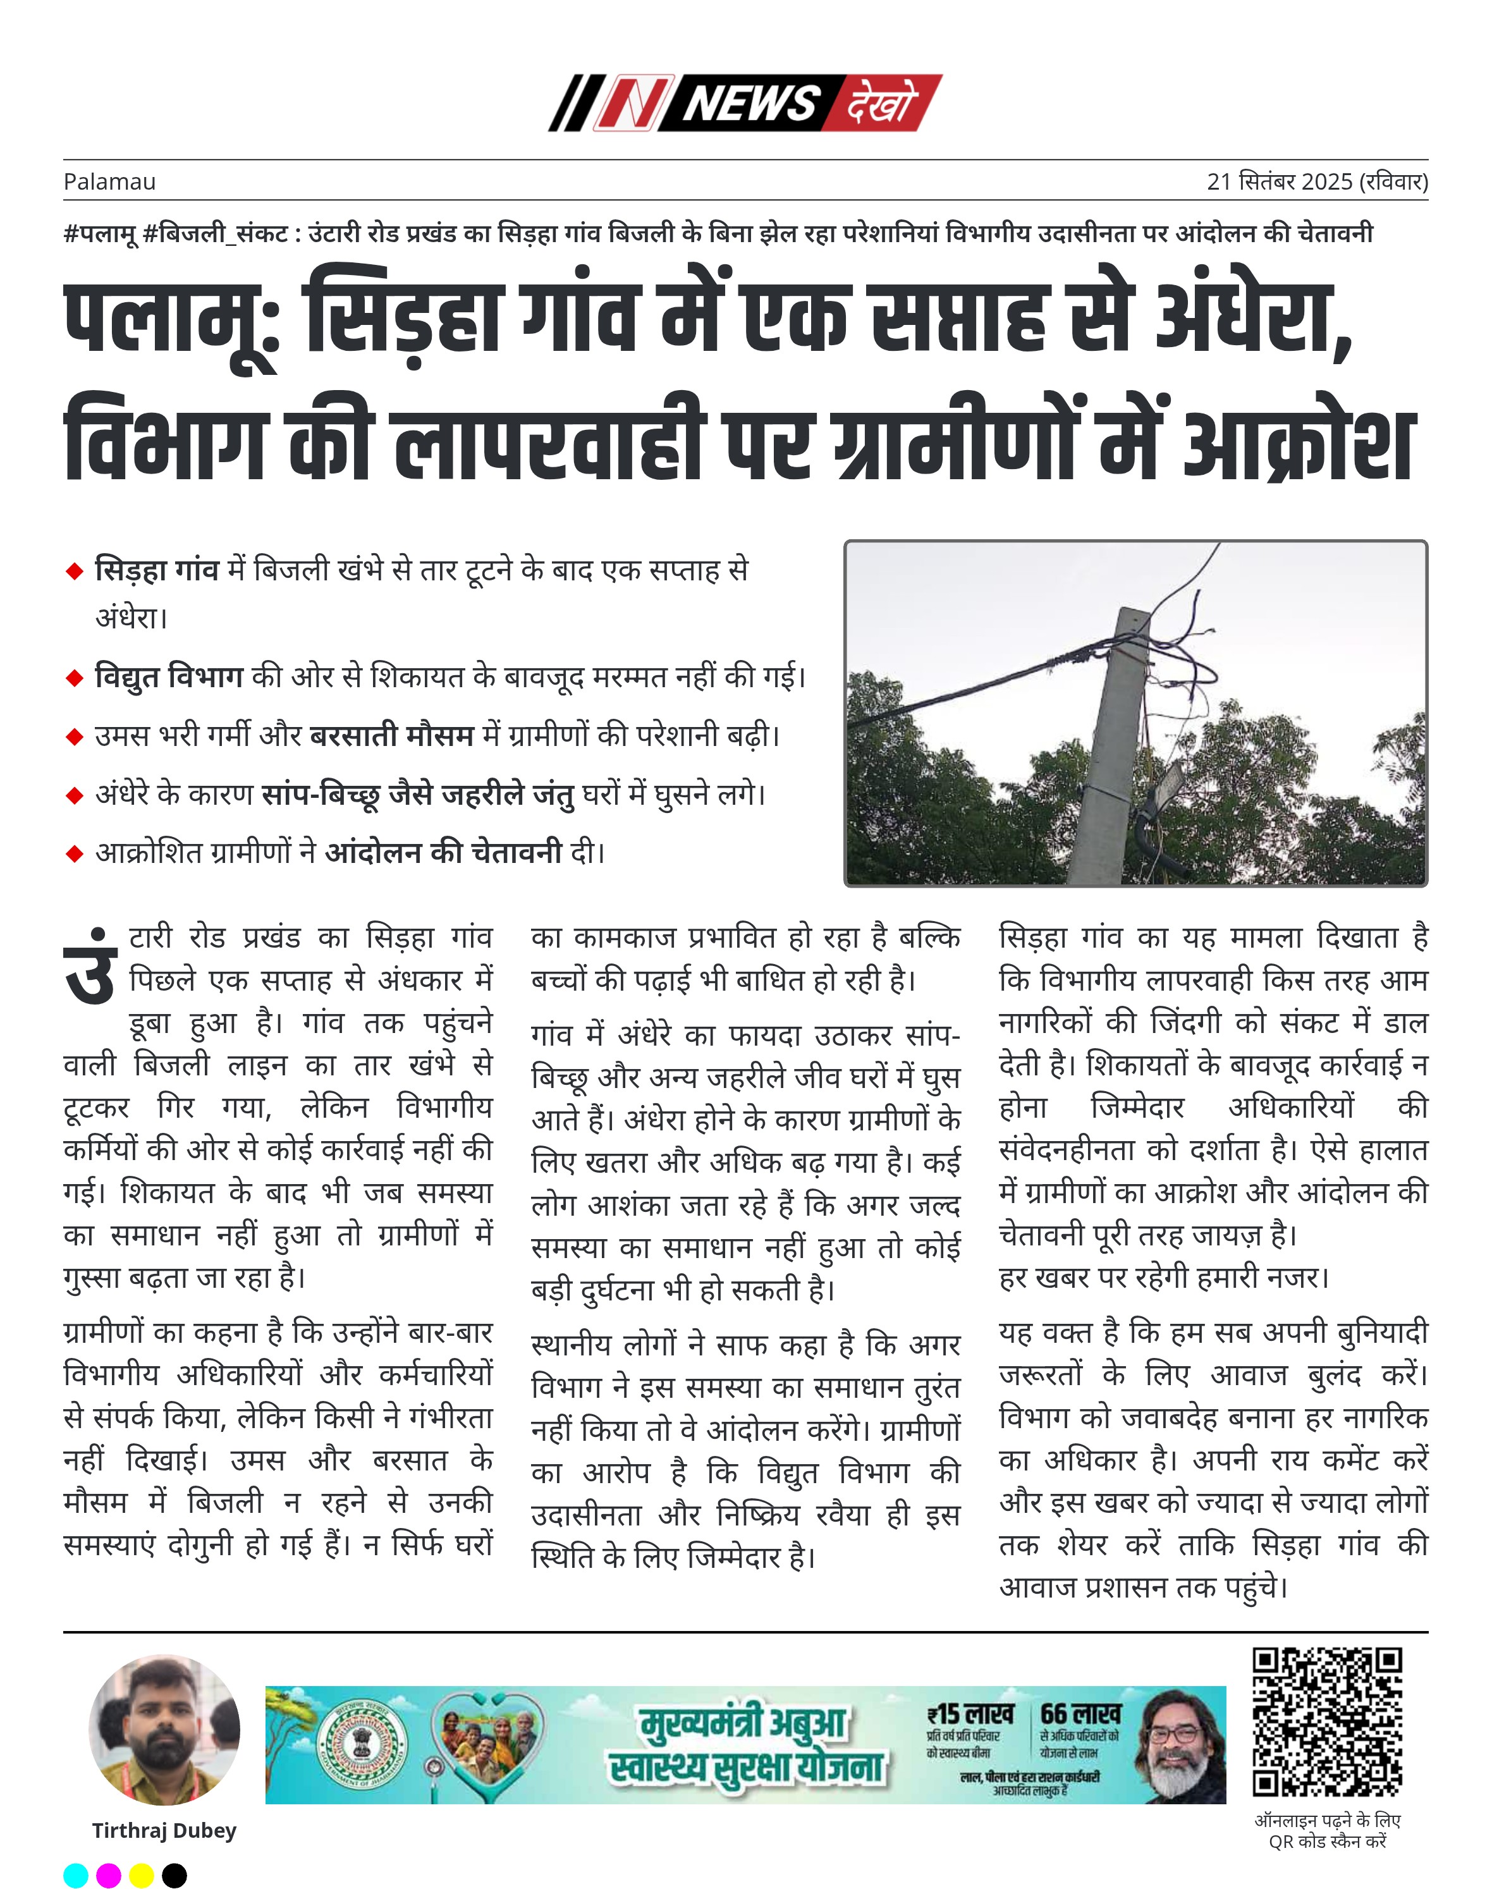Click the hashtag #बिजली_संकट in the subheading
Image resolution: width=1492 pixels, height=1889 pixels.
coord(214,233)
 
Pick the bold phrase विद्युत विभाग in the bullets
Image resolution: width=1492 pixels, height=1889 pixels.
coord(169,677)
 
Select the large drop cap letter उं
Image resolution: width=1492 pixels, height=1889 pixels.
coord(91,968)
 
